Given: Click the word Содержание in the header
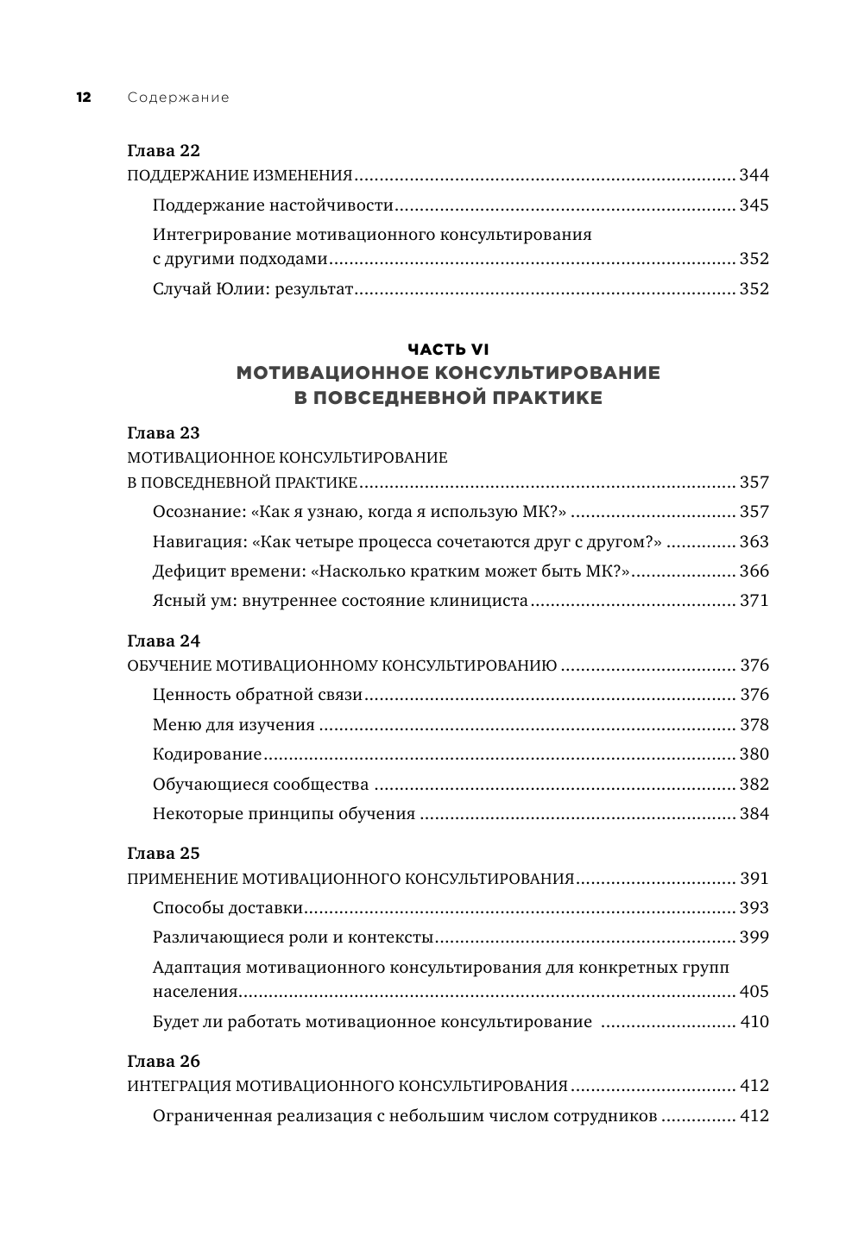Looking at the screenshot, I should click(x=178, y=98).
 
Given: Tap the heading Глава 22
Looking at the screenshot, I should click(x=163, y=149).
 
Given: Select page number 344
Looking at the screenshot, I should click(x=754, y=176).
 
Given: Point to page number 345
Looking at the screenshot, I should click(x=754, y=205).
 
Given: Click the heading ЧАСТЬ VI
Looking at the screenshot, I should click(x=448, y=349).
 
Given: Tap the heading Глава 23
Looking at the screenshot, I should click(x=163, y=432).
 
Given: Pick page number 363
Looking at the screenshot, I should click(x=754, y=542).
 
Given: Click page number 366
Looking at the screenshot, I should click(x=754, y=571).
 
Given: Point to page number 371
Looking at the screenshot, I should click(x=754, y=601).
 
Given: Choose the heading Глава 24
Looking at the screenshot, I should click(x=163, y=640).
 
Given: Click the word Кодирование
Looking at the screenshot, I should click(x=207, y=754).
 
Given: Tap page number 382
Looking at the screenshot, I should click(x=754, y=785).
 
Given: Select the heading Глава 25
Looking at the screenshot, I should click(x=163, y=853).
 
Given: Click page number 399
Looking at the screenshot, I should click(x=754, y=937).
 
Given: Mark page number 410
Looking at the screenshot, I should click(x=754, y=1022).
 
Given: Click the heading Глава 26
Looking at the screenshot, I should click(x=163, y=1060).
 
